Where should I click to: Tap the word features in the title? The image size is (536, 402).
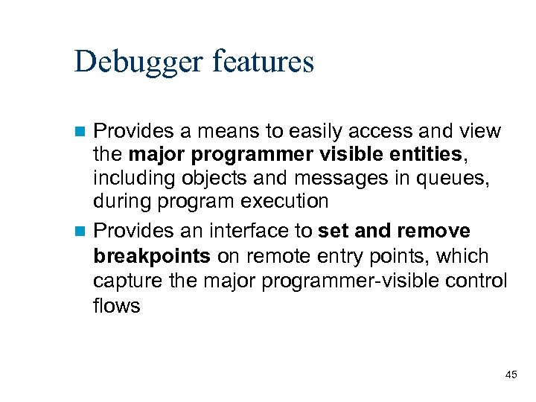coord(264,61)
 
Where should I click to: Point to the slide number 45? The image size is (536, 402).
coord(511,374)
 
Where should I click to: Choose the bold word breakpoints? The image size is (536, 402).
coord(152,256)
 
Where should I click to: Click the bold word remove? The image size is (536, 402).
coord(434,231)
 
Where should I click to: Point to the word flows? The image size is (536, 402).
coord(117,305)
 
